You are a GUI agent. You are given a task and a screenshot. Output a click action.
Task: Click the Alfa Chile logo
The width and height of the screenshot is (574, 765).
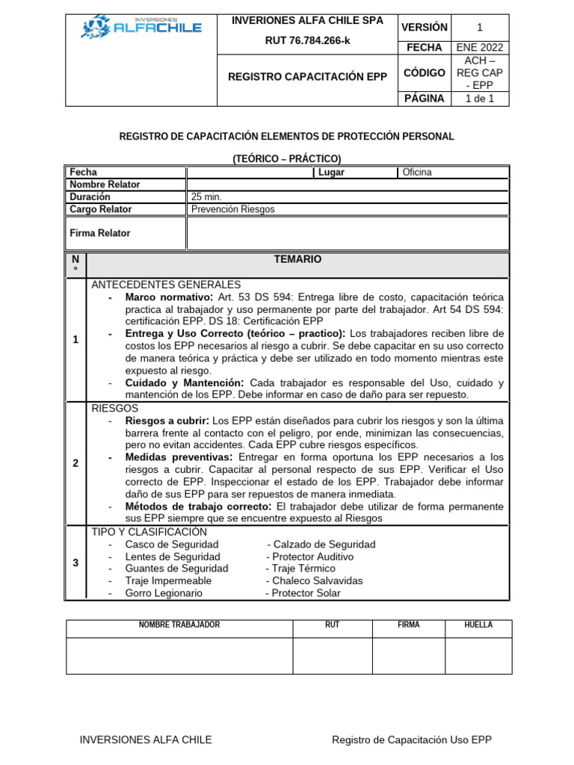(141, 28)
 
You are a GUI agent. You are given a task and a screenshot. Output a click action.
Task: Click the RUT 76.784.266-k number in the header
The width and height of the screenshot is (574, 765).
(307, 40)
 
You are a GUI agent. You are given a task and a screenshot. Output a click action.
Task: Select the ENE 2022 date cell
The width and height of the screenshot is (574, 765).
(479, 47)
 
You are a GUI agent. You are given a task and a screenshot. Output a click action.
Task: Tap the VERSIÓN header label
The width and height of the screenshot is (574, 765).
(425, 28)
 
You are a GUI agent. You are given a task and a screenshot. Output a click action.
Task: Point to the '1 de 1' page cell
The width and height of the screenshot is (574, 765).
(479, 98)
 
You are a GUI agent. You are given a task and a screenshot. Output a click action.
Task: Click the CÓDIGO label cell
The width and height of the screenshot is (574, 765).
(425, 72)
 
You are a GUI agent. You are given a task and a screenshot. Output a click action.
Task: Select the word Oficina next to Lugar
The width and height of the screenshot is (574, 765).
(417, 173)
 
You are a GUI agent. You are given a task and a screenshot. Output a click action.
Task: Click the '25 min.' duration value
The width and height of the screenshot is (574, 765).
(207, 196)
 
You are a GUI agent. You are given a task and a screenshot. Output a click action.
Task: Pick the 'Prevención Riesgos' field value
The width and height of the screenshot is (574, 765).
(233, 209)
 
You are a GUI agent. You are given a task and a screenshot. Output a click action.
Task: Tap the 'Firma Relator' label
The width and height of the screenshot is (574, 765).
(99, 233)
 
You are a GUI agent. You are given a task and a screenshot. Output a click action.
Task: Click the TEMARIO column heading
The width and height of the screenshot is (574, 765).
(297, 259)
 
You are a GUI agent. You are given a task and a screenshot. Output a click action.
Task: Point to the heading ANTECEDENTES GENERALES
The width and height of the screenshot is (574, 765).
(166, 285)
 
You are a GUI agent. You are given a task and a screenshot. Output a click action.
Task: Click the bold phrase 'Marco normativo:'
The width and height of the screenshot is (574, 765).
(170, 297)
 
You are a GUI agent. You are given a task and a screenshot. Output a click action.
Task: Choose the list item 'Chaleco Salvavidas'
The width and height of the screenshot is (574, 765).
(317, 580)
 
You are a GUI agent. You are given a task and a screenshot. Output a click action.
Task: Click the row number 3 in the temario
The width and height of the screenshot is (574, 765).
(75, 563)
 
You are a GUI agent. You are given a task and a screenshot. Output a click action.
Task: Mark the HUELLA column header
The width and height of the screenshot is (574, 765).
(478, 625)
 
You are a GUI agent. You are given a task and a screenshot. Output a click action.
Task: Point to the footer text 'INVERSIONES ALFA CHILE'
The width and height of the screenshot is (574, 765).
(146, 740)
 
